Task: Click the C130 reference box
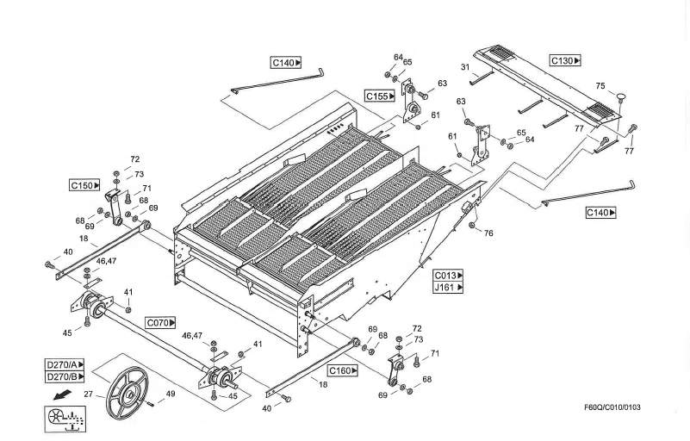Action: (x=566, y=61)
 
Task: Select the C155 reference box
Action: (x=380, y=96)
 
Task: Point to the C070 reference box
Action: (x=160, y=322)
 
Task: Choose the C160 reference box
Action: (x=343, y=370)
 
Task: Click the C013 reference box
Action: (x=448, y=276)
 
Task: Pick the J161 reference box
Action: (x=448, y=288)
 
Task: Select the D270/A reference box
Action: (x=65, y=364)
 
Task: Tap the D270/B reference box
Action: (x=65, y=376)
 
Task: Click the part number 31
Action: (x=463, y=68)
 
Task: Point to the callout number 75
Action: (x=600, y=85)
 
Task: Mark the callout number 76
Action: (x=488, y=233)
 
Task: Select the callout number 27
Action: (x=88, y=395)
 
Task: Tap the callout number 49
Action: (x=170, y=394)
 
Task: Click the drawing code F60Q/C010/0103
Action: (x=612, y=407)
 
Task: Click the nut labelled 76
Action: (x=472, y=227)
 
